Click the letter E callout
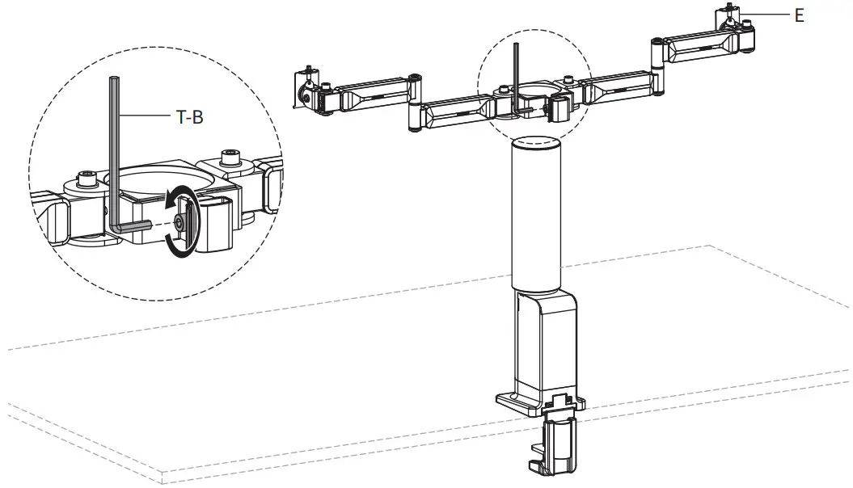[x=799, y=15]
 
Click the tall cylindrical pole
[x=536, y=214]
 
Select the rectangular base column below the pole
[x=543, y=343]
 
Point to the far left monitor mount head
[x=308, y=90]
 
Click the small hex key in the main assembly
[x=516, y=77]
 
